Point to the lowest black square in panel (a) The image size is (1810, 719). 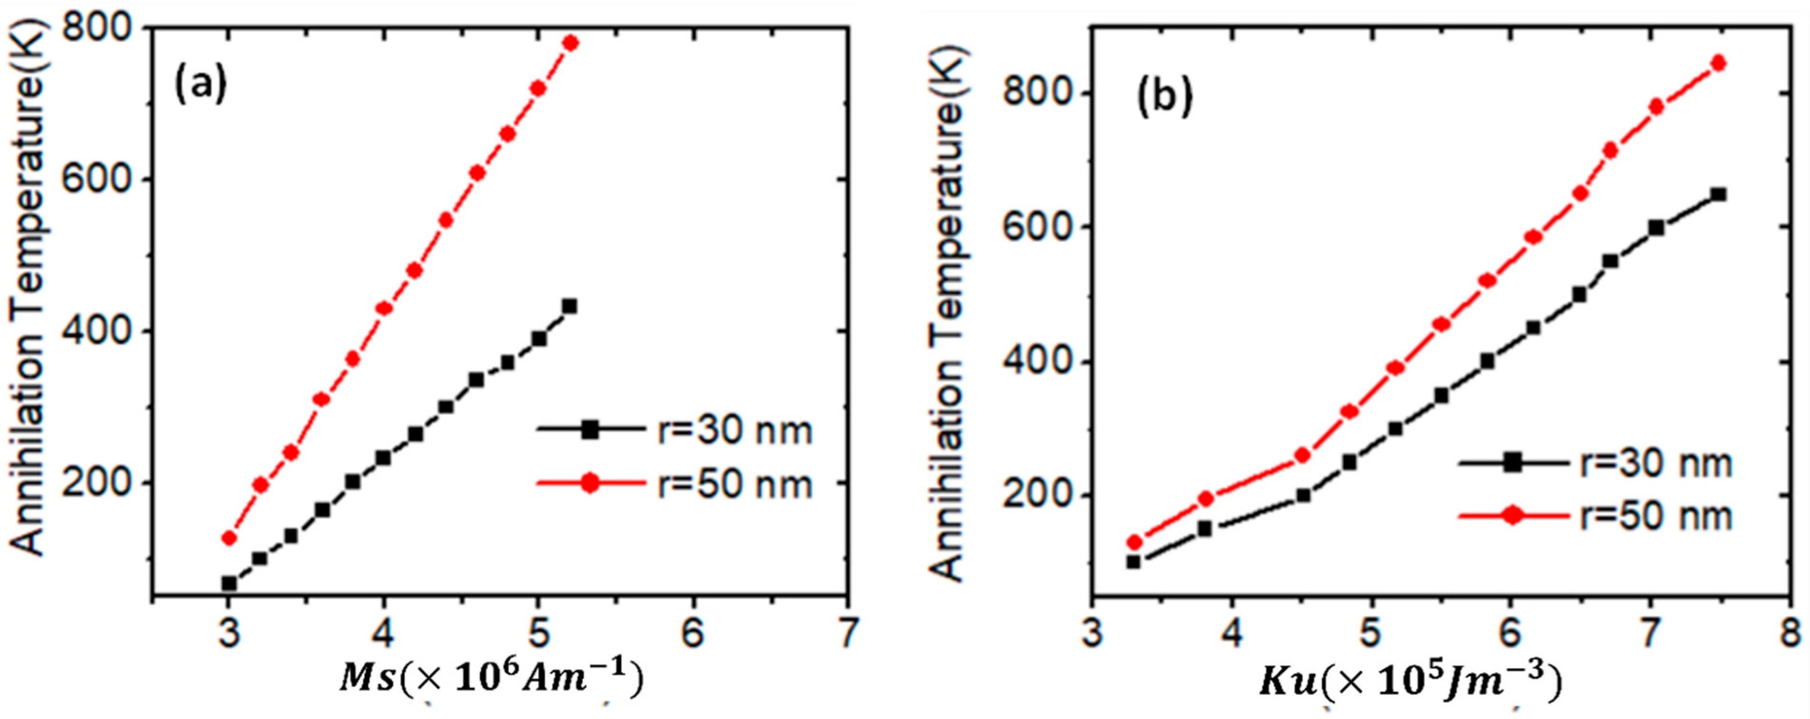tap(228, 583)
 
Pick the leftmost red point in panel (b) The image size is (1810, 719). tap(1134, 542)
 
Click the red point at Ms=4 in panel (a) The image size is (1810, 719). tap(384, 308)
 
